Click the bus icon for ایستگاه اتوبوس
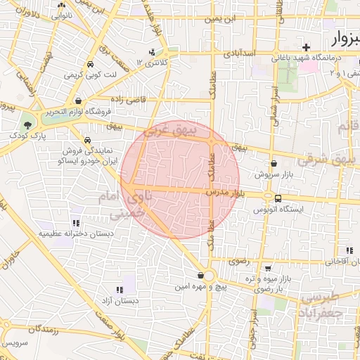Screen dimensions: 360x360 [x=278, y=198]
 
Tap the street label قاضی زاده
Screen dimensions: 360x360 [x=129, y=100]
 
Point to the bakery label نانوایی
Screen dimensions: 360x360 [x=63, y=15]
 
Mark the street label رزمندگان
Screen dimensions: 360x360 [x=45, y=329]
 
